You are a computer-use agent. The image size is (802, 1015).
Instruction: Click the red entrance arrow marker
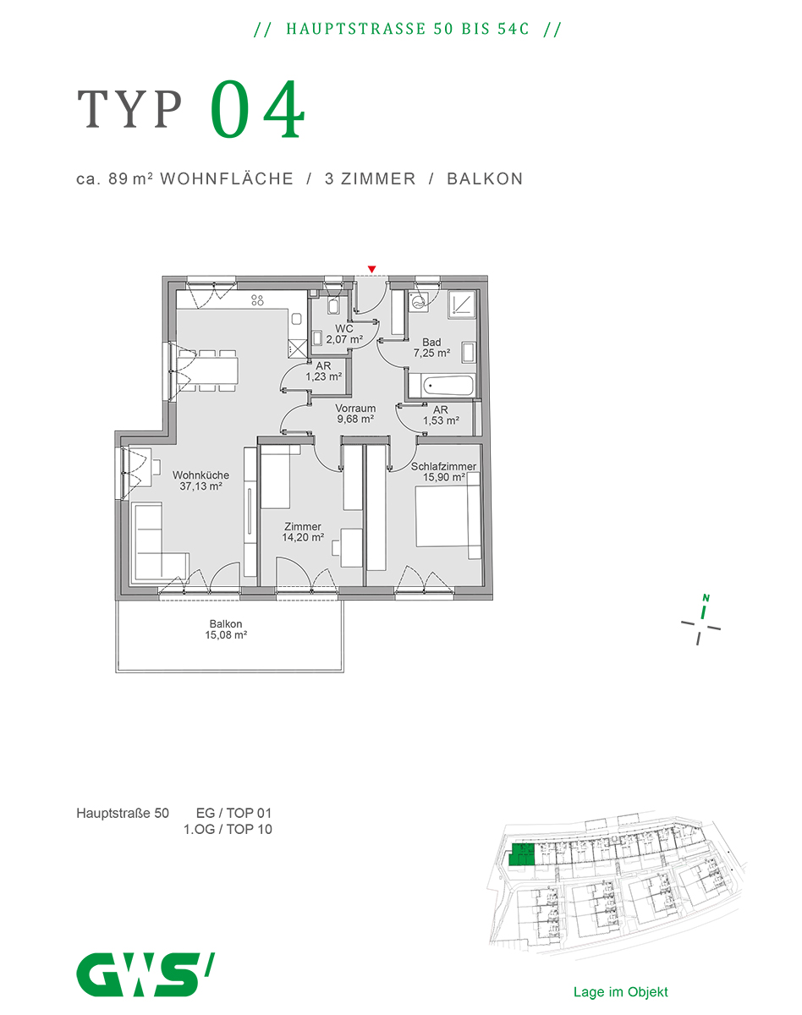point(371,269)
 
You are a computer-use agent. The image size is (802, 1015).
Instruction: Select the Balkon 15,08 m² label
point(226,629)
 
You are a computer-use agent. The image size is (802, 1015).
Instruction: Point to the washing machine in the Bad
point(419,301)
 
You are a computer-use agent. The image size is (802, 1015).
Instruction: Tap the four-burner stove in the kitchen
point(257,300)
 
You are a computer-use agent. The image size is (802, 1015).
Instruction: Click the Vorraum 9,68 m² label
point(355,414)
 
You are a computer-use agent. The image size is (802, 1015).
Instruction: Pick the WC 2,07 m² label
point(344,334)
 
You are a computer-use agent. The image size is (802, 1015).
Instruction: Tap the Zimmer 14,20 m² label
point(303,531)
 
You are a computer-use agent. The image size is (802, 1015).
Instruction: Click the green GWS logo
point(146,974)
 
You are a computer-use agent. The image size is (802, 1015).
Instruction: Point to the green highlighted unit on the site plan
point(521,854)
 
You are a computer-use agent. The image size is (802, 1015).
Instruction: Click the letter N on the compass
point(706,598)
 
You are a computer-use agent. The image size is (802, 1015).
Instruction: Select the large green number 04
point(257,109)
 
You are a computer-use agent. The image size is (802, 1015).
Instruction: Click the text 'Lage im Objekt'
point(620,992)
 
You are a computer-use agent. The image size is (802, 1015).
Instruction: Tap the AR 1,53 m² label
point(441,415)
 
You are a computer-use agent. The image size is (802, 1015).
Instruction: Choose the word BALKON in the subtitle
point(485,179)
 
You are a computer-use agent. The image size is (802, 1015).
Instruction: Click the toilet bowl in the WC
point(333,307)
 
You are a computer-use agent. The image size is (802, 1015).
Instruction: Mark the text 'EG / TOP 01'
point(233,813)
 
